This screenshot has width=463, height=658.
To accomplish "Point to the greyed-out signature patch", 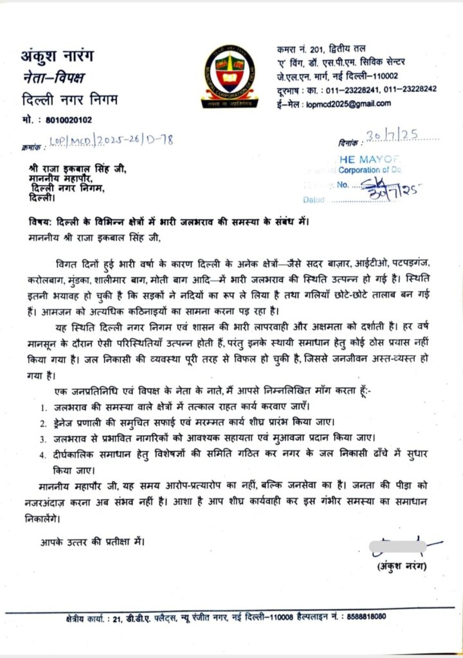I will (x=397, y=547).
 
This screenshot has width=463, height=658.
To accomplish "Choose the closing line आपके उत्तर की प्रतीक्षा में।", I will (x=89, y=541).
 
